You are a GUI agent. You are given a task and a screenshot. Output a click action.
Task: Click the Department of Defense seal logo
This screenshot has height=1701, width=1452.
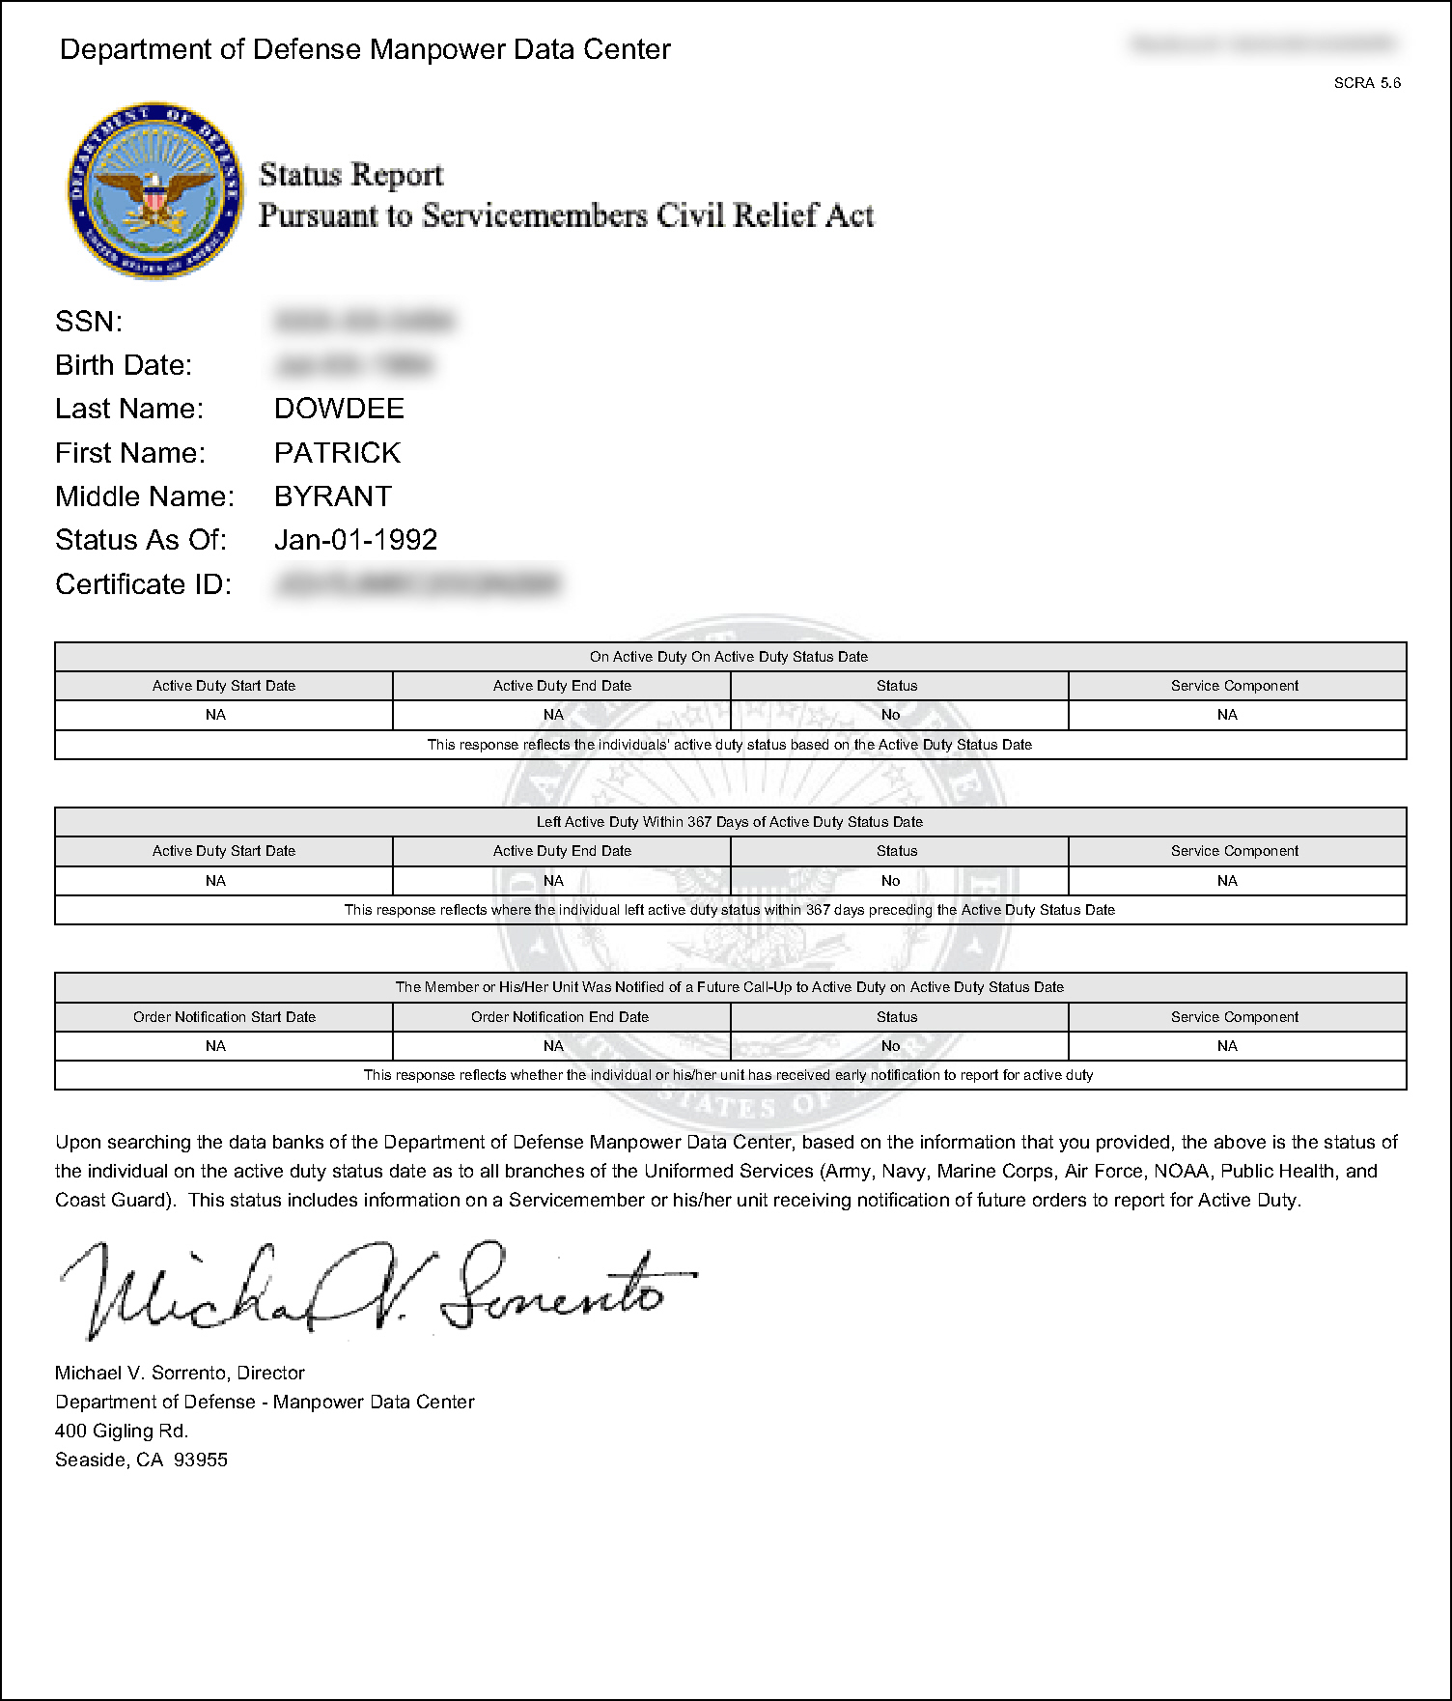point(155,190)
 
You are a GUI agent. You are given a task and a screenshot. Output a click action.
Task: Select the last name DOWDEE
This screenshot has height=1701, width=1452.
point(339,409)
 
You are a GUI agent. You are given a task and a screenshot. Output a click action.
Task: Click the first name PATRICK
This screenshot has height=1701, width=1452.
point(337,452)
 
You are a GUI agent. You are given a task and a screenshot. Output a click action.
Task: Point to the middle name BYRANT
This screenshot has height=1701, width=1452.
point(333,496)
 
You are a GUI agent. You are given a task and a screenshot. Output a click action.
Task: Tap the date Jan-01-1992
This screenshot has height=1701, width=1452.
point(355,540)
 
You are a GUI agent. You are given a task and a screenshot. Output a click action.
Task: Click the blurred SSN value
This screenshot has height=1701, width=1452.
point(364,321)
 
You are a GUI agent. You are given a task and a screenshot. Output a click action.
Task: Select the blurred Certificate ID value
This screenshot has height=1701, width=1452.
point(417,583)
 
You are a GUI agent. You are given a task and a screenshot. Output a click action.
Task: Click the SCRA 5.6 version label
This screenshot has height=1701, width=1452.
point(1367,83)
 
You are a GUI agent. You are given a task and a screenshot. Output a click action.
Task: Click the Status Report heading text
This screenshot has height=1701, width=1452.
point(351,175)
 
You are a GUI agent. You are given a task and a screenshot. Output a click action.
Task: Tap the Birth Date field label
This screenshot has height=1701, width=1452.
point(124,365)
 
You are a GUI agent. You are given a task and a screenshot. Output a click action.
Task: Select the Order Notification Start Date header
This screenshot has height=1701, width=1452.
point(224,1017)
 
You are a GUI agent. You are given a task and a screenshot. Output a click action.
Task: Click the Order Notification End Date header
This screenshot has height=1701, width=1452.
point(560,1017)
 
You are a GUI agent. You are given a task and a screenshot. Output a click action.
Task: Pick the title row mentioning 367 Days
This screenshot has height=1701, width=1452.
point(730,822)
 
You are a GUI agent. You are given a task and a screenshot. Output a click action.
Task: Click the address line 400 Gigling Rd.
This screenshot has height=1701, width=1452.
point(122,1431)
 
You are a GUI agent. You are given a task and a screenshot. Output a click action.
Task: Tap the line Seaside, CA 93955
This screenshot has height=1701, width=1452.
point(141,1460)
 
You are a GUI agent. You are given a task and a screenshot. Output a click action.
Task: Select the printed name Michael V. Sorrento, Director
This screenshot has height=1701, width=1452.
point(180,1373)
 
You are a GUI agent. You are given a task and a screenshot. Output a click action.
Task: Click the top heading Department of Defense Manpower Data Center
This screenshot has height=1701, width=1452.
point(365,49)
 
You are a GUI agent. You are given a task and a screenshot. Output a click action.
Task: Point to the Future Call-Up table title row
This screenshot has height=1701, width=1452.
point(730,987)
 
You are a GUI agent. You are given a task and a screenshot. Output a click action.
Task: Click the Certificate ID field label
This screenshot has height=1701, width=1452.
point(143,584)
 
